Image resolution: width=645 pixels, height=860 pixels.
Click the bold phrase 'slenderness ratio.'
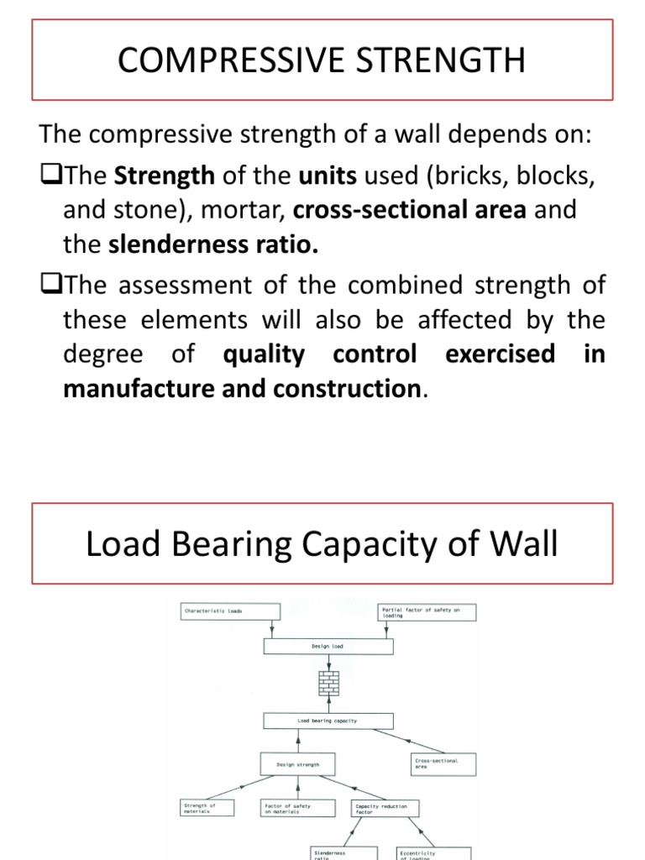click(214, 244)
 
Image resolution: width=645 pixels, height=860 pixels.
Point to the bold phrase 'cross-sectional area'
click(443, 210)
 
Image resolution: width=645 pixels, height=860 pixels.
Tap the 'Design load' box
click(328, 646)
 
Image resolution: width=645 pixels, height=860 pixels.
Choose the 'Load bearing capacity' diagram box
click(328, 721)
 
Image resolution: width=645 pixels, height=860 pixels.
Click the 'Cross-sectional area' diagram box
click(445, 763)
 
